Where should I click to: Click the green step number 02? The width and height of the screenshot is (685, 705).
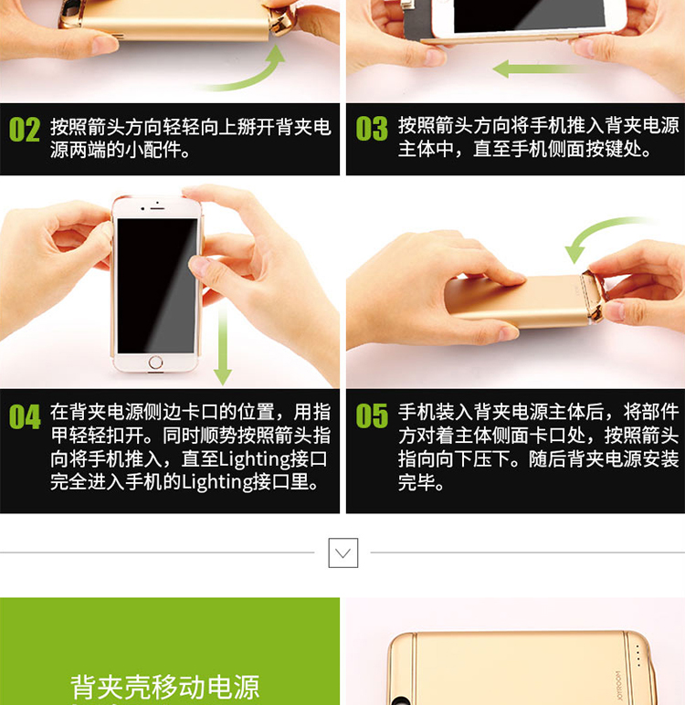click(25, 130)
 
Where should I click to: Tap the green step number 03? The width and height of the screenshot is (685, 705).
click(372, 129)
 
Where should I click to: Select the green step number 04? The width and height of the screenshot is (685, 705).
click(25, 416)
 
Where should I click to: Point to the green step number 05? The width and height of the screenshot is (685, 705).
click(372, 416)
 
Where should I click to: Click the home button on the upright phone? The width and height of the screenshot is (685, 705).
click(155, 362)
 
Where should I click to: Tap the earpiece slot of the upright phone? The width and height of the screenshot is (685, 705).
click(157, 208)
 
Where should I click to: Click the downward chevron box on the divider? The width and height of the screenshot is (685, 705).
click(343, 552)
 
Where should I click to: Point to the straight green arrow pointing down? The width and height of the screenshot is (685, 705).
click(223, 345)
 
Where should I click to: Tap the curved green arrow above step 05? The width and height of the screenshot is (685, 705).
click(599, 233)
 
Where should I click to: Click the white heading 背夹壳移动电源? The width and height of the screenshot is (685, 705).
click(165, 687)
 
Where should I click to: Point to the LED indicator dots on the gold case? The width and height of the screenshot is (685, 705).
click(638, 656)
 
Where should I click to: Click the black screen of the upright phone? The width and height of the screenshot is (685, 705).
click(157, 286)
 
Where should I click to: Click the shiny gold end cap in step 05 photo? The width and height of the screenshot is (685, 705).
click(594, 297)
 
